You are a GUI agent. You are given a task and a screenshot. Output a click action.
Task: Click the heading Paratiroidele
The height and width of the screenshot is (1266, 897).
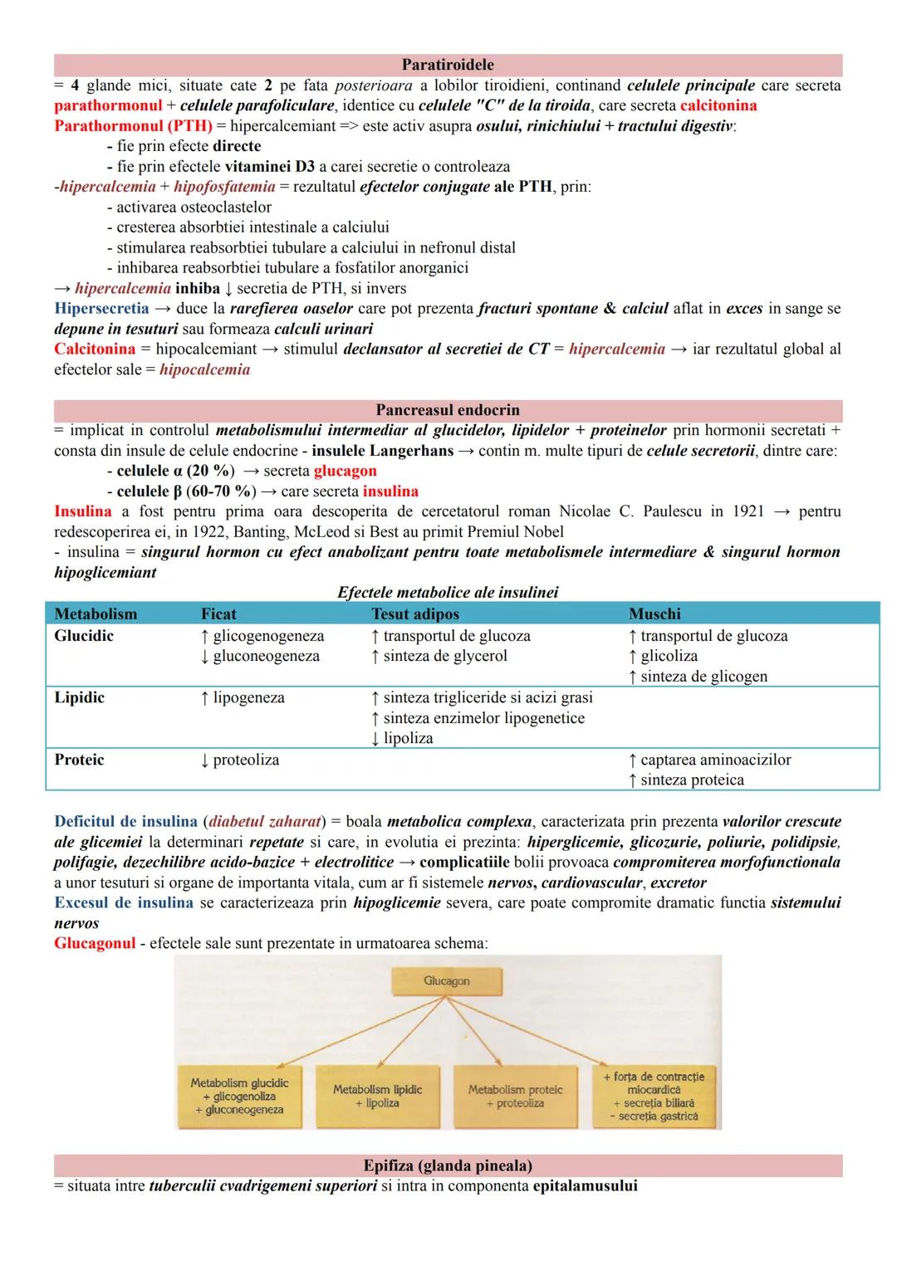coord(448,65)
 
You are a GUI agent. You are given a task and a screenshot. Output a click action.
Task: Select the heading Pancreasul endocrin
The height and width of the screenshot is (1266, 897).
coord(448,410)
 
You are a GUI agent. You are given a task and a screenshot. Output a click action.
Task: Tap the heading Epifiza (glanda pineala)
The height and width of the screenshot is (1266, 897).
coord(448,1165)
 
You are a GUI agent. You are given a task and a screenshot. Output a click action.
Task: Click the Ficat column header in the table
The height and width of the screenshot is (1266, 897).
coord(218,614)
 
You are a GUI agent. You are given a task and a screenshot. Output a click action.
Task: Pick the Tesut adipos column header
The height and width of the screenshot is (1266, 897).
coord(414,614)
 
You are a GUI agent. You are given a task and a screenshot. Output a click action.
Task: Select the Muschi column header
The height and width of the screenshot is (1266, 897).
coord(654,614)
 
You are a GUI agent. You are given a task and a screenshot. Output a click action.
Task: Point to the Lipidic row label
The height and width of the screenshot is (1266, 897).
coord(80,697)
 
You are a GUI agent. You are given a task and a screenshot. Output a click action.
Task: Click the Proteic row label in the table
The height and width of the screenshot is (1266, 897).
coord(80,760)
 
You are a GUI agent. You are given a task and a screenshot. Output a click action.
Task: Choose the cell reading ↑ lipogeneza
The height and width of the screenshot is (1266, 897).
coord(243,698)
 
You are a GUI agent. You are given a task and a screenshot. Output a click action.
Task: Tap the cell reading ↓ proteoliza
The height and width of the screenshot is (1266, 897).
coord(240,760)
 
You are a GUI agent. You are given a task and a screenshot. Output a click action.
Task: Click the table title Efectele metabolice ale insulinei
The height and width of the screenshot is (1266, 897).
coord(448,593)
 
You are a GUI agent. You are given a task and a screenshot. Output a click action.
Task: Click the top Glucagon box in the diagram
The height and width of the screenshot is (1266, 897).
coord(447,981)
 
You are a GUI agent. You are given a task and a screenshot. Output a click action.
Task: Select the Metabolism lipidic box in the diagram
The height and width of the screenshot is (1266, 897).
coord(378,1096)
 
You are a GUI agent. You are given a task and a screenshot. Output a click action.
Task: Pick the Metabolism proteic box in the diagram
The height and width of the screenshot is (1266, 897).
coord(515,1096)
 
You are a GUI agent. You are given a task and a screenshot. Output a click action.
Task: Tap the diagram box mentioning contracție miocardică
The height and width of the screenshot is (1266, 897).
coord(654,1096)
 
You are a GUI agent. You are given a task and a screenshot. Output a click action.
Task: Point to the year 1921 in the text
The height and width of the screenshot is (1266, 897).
coord(748,511)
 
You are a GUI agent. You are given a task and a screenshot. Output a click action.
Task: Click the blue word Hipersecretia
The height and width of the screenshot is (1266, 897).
coord(101,309)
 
